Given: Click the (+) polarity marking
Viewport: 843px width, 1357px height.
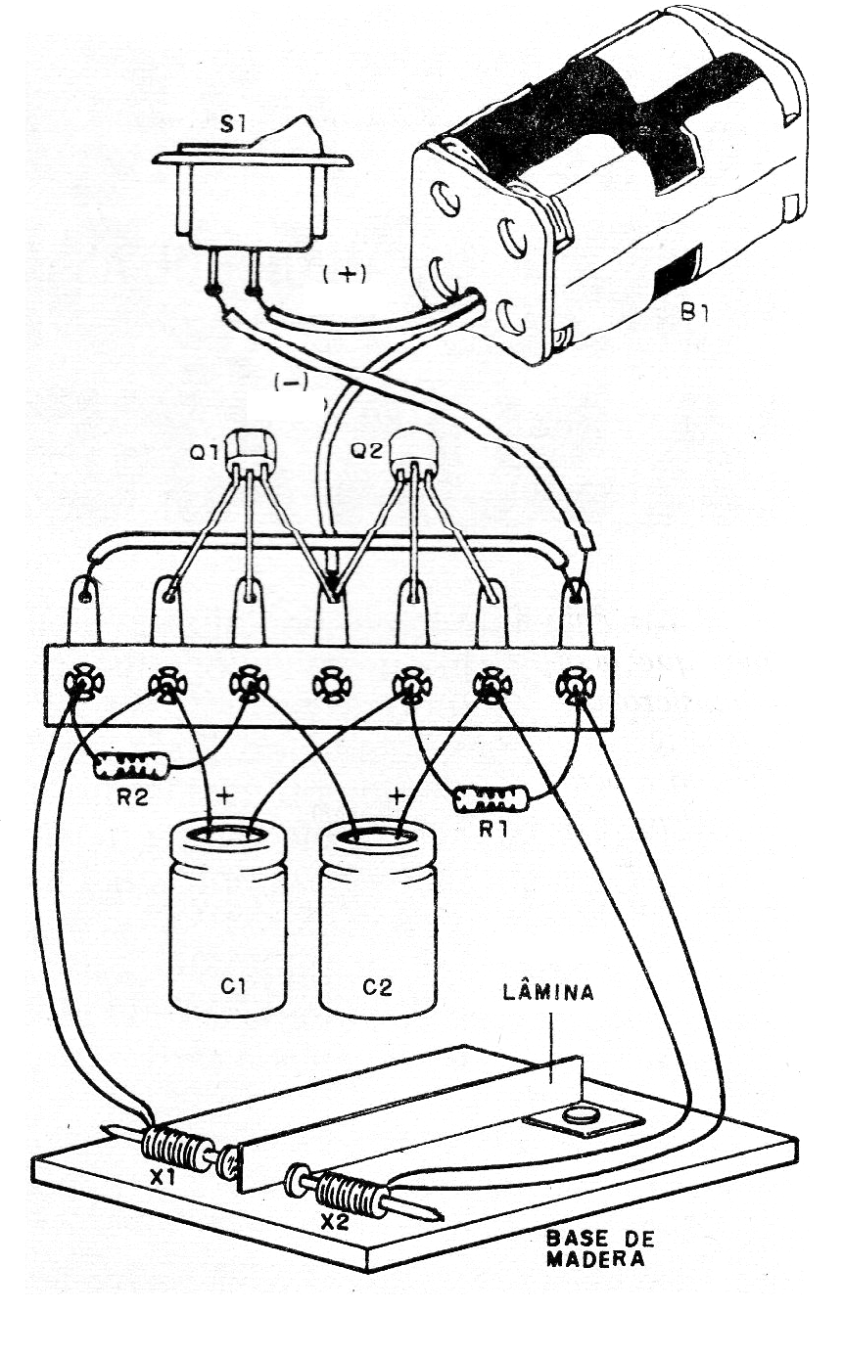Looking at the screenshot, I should pos(343,276).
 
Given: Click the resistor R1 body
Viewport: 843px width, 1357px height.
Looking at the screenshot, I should pos(492,799).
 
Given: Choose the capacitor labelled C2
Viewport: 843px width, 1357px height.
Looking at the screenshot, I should pos(378,920).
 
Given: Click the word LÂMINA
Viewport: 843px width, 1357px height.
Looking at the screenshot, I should pos(547,994).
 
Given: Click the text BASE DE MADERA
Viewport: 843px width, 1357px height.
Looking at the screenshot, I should pos(599,1247).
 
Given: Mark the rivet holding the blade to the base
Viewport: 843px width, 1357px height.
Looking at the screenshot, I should pos(582,1112).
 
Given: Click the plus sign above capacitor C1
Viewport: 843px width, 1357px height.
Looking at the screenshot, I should pos(225,796).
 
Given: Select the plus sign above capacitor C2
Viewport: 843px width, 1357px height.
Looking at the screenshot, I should pos(397,796).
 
